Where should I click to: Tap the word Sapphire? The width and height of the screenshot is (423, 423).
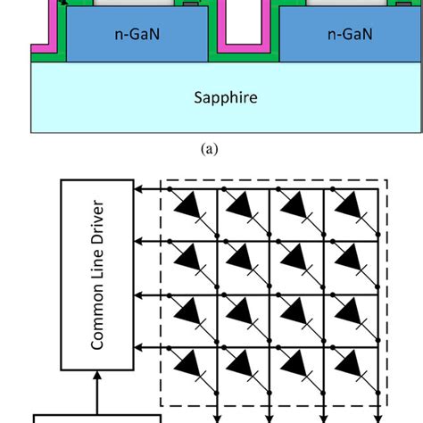(x=226, y=95)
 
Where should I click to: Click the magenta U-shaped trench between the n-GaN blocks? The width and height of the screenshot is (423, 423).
(x=243, y=40)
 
